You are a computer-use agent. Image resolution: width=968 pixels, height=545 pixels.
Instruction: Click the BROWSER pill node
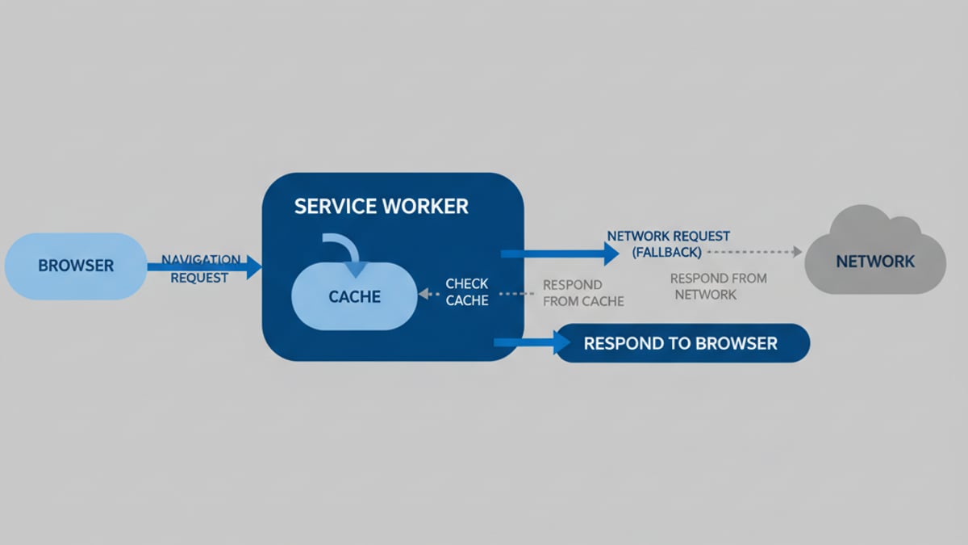coord(76,266)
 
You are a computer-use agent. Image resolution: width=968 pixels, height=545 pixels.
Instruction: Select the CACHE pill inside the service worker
coord(354,296)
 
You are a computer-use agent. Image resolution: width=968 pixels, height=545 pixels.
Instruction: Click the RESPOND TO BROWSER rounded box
coord(682,343)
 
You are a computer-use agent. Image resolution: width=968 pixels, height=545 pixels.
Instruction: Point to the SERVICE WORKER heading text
coord(381,206)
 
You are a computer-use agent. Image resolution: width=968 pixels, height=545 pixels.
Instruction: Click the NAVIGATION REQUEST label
coord(200,268)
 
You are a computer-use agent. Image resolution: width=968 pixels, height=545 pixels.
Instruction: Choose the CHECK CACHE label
coord(467,292)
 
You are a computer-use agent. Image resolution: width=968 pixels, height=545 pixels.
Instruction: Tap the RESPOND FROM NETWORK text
coord(718,286)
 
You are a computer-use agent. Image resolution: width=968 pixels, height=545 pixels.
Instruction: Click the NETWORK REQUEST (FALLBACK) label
coord(668,244)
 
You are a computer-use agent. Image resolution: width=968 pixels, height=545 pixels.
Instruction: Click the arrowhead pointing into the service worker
coord(255,266)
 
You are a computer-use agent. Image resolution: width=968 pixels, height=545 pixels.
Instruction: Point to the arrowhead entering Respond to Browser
coord(562,343)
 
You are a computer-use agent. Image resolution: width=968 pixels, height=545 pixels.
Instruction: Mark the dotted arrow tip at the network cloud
coord(797,252)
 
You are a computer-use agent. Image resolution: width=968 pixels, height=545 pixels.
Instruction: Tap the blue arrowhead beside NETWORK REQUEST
coord(611,254)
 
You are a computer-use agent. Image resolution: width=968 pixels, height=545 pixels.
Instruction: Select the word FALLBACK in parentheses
coord(666,252)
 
